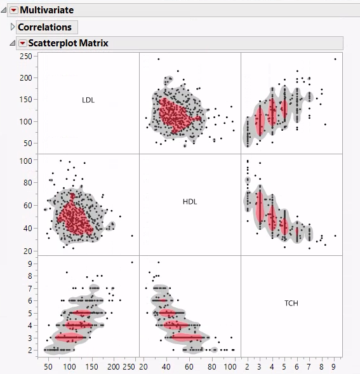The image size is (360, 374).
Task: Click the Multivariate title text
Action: point(46,10)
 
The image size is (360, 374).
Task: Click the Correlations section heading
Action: point(44,27)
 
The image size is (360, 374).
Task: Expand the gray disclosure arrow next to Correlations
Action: point(12,27)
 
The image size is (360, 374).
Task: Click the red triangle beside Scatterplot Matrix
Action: point(23,43)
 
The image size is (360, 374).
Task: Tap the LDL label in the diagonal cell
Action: point(88,100)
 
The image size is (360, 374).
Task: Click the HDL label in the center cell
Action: point(190,201)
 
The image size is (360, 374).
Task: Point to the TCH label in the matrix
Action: point(291,304)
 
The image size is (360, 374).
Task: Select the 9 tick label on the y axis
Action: point(29,262)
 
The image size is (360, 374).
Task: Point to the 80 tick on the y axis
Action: point(27,183)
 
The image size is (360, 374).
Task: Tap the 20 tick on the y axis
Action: point(27,251)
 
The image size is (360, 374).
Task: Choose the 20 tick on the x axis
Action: point(143,367)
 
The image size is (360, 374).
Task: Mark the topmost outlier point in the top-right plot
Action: point(335,59)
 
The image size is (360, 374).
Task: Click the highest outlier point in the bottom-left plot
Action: point(132,262)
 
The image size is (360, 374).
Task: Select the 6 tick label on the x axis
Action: point(297,367)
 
